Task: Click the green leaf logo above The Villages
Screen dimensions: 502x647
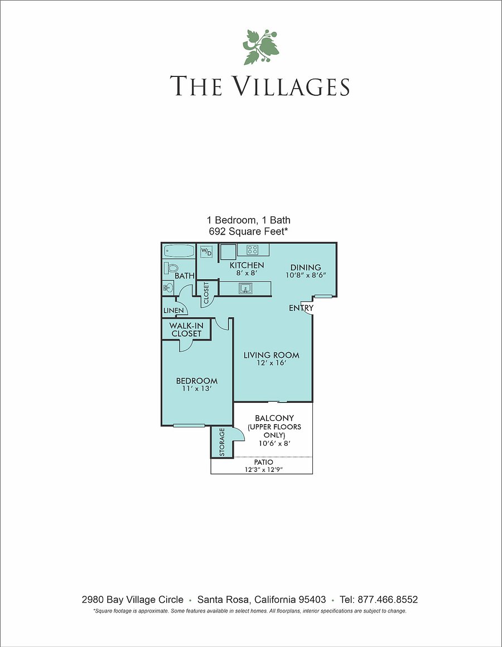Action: click(260, 47)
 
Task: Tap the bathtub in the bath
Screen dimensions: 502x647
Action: click(179, 251)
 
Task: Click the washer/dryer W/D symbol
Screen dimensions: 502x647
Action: click(206, 251)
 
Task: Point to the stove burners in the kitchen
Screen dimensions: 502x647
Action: click(253, 249)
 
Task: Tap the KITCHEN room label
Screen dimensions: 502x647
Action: click(247, 265)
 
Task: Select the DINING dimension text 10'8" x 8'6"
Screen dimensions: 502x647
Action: click(306, 275)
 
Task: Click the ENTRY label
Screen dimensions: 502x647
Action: click(301, 308)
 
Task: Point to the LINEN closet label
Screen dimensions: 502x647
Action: click(173, 310)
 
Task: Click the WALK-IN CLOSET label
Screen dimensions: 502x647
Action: click(186, 330)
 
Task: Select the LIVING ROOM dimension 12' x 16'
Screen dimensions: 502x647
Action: click(271, 363)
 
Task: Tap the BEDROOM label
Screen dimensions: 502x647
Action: click(196, 381)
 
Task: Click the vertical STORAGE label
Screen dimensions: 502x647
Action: click(221, 442)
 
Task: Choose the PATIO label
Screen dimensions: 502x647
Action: click(263, 462)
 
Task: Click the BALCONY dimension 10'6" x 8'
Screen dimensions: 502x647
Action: click(274, 444)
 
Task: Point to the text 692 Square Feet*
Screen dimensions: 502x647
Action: click(248, 231)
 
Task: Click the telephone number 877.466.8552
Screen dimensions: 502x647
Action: click(388, 600)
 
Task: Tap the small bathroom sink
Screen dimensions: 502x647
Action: click(168, 287)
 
